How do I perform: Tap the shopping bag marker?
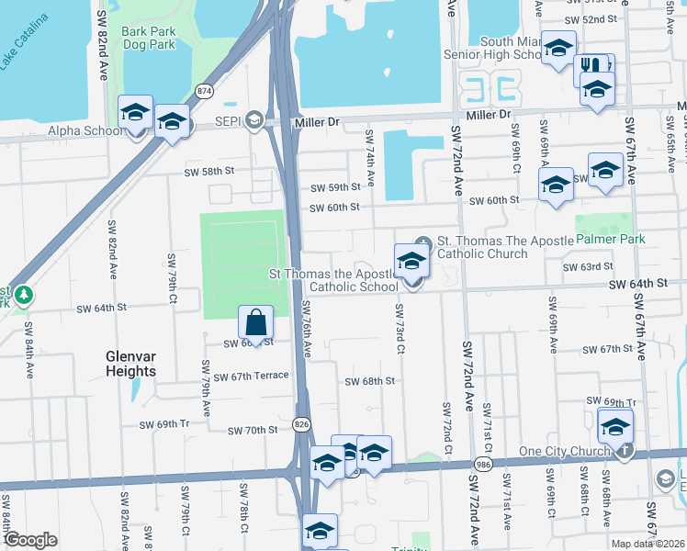coord(256,322)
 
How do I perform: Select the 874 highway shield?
coord(204,91)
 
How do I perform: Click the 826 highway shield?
coord(301,423)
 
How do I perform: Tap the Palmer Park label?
coord(610,239)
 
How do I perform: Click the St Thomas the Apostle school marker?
coord(411,262)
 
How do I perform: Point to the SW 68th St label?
coord(369,380)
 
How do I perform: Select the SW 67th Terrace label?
coord(251,376)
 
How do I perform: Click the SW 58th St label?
coord(209,171)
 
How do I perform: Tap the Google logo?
coord(30,540)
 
